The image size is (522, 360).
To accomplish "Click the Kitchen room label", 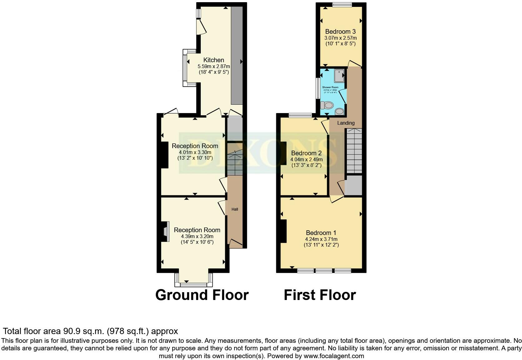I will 214,60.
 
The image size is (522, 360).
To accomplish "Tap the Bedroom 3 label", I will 340,32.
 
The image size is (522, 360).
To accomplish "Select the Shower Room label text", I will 330,87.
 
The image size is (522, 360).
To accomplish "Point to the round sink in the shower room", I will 339,112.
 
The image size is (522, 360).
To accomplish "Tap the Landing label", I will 346,123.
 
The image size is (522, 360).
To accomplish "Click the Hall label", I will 235,209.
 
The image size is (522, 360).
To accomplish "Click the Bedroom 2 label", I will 306,153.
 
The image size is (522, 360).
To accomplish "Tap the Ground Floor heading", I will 202,295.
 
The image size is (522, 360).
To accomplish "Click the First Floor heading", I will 320,295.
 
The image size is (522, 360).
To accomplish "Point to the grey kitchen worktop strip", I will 237,56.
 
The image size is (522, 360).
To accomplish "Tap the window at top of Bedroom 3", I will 342,4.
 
